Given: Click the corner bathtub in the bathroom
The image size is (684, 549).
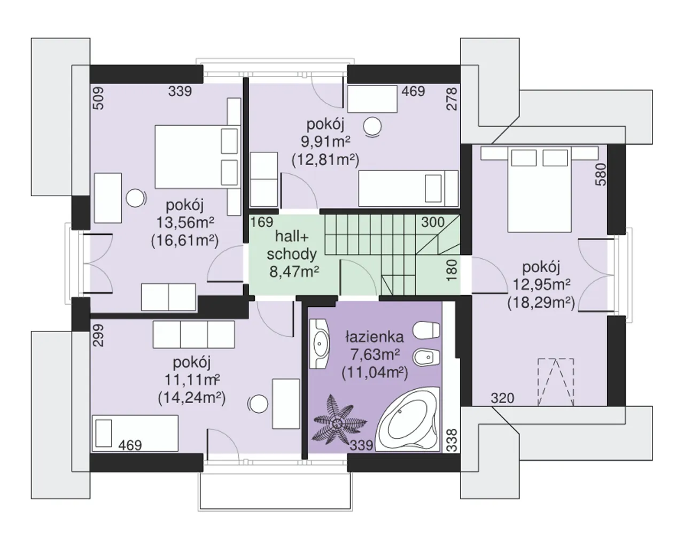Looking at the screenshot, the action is (x=408, y=419).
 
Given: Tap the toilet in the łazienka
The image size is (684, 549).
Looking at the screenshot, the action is (x=426, y=330).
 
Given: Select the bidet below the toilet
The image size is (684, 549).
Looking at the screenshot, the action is (x=426, y=357).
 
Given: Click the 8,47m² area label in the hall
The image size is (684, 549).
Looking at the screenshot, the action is (x=294, y=272).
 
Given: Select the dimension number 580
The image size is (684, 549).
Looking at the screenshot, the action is (x=601, y=174).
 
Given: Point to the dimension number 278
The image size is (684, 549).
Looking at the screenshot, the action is (x=452, y=99).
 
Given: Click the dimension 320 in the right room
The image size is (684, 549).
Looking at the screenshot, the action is (x=502, y=398).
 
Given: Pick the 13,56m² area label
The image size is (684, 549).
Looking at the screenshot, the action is (x=185, y=222).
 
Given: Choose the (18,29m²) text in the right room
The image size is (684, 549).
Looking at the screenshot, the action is (x=541, y=303).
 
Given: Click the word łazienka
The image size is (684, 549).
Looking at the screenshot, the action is (x=375, y=337).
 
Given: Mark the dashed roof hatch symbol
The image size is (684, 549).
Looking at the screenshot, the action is (x=556, y=382).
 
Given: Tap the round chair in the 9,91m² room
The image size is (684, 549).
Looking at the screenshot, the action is (x=372, y=127).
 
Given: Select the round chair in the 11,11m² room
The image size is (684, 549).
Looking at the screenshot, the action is (x=258, y=404).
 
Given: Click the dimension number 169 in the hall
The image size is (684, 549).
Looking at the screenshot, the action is (x=262, y=222).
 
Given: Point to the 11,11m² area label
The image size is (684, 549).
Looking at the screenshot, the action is (x=192, y=380).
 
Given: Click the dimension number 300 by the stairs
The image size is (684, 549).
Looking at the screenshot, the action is (x=433, y=222).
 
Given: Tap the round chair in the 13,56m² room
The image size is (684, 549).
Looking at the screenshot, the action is (x=136, y=198).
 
